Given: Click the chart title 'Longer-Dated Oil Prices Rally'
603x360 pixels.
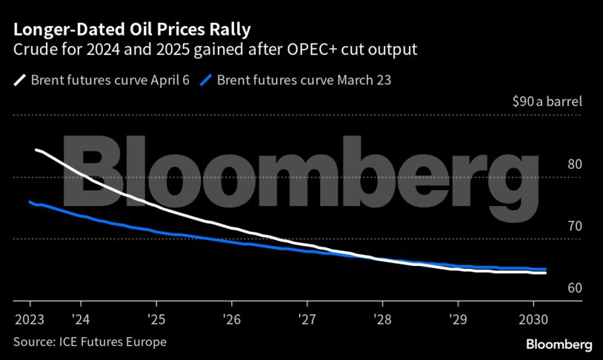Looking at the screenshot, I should click(131, 30).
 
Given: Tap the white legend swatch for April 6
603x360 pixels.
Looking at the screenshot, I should click(19, 79).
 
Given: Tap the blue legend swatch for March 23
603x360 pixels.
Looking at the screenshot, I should click(206, 79).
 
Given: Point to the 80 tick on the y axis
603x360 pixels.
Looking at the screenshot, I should click(574, 164).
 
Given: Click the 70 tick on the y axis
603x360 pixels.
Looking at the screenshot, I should click(574, 226).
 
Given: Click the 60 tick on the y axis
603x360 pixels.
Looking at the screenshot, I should click(574, 287).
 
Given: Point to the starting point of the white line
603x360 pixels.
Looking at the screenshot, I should click(37, 150).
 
